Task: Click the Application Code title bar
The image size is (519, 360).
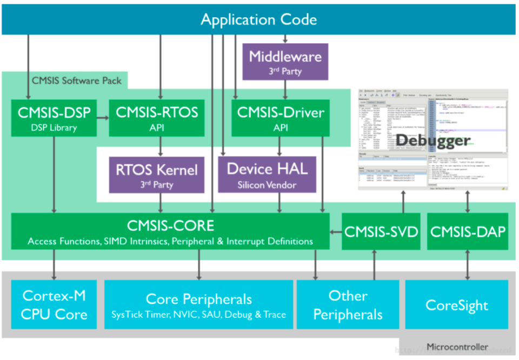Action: tap(259, 20)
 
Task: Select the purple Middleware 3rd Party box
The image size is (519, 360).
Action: tap(285, 61)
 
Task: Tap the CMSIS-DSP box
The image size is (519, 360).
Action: tap(54, 118)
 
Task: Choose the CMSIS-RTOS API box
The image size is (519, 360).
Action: tap(157, 118)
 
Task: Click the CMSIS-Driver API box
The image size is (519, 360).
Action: tap(280, 118)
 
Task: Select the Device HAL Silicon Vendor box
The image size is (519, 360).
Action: tap(267, 174)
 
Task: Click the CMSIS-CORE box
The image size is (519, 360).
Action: tap(170, 231)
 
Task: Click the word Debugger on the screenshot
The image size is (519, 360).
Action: tap(432, 141)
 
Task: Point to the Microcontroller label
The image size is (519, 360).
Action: tap(457, 347)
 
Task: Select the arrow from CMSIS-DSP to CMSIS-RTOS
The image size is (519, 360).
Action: tap(103, 114)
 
